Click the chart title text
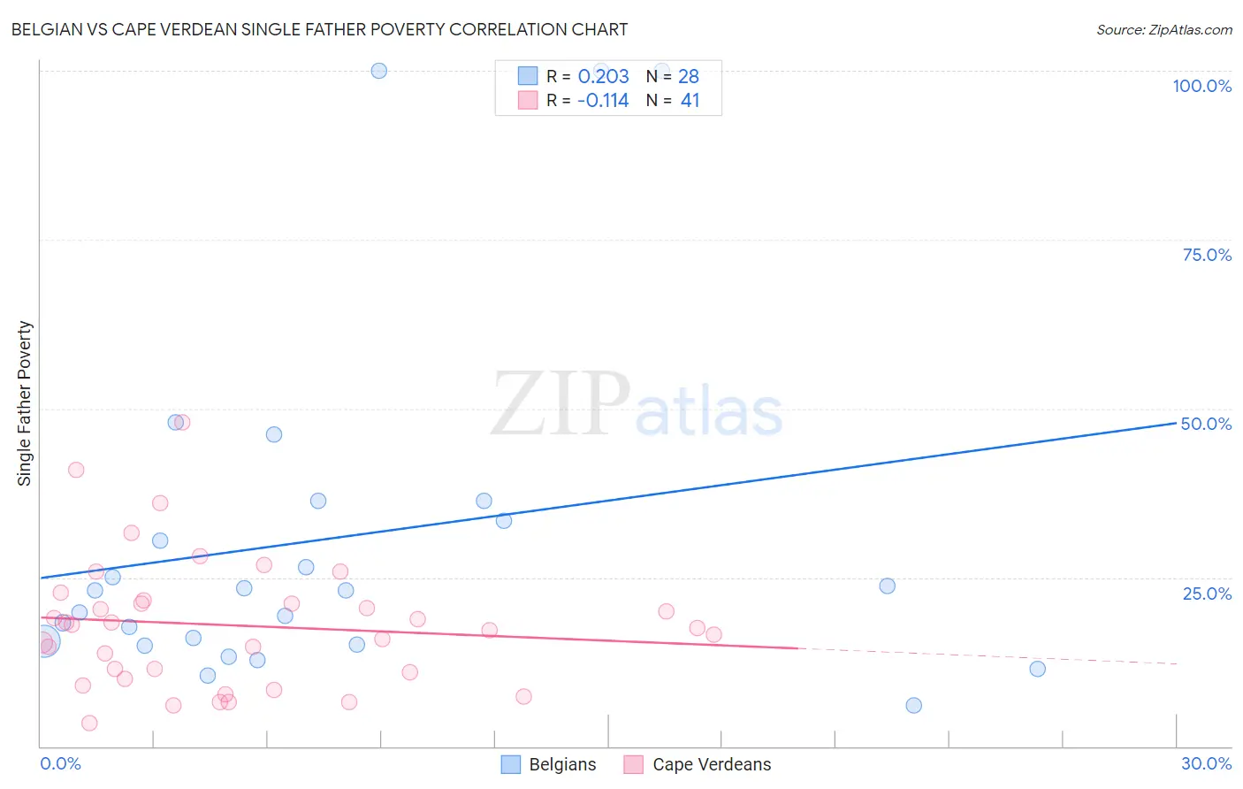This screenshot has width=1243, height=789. click(319, 29)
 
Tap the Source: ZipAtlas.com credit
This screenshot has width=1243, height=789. click(1163, 29)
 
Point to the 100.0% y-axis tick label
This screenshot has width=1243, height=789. click(1201, 86)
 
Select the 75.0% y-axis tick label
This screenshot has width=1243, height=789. click(1207, 255)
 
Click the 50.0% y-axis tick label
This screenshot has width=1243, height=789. click(1206, 424)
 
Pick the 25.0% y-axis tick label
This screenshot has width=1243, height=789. click(1207, 594)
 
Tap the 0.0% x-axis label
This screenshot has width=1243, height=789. click(60, 763)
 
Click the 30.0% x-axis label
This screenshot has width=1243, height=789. click(1206, 763)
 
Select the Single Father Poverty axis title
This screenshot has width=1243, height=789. click(25, 403)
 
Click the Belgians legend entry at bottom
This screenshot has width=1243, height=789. click(561, 765)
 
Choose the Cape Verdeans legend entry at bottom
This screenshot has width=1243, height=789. click(711, 765)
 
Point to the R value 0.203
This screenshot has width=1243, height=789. click(603, 77)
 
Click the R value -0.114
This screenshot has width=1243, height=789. click(603, 101)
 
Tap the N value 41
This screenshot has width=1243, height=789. click(690, 101)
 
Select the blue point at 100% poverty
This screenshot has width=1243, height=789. click(379, 71)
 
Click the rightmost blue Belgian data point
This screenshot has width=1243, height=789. click(1038, 669)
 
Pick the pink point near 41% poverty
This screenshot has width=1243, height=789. click(76, 470)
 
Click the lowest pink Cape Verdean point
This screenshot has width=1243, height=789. click(89, 723)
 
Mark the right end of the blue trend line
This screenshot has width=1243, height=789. click(1176, 424)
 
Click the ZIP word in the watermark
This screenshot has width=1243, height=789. click(560, 403)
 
